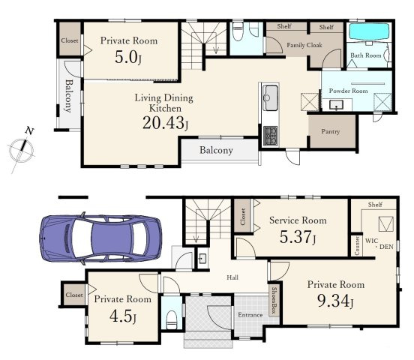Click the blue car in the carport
100,238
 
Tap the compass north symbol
21,150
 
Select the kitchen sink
270,97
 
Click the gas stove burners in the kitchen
270,136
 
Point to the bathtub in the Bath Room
370,32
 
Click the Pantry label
330,131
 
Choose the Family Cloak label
304,45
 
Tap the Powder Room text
348,91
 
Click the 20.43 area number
165,123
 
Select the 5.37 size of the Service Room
297,237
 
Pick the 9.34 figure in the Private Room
335,301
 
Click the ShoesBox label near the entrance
274,300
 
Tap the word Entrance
250,315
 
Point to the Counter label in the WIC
357,246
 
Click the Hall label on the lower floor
232,277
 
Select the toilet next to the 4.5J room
172,319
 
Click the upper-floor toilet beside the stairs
238,31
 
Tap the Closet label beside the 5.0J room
70,40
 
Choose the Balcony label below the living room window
216,150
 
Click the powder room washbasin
336,105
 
